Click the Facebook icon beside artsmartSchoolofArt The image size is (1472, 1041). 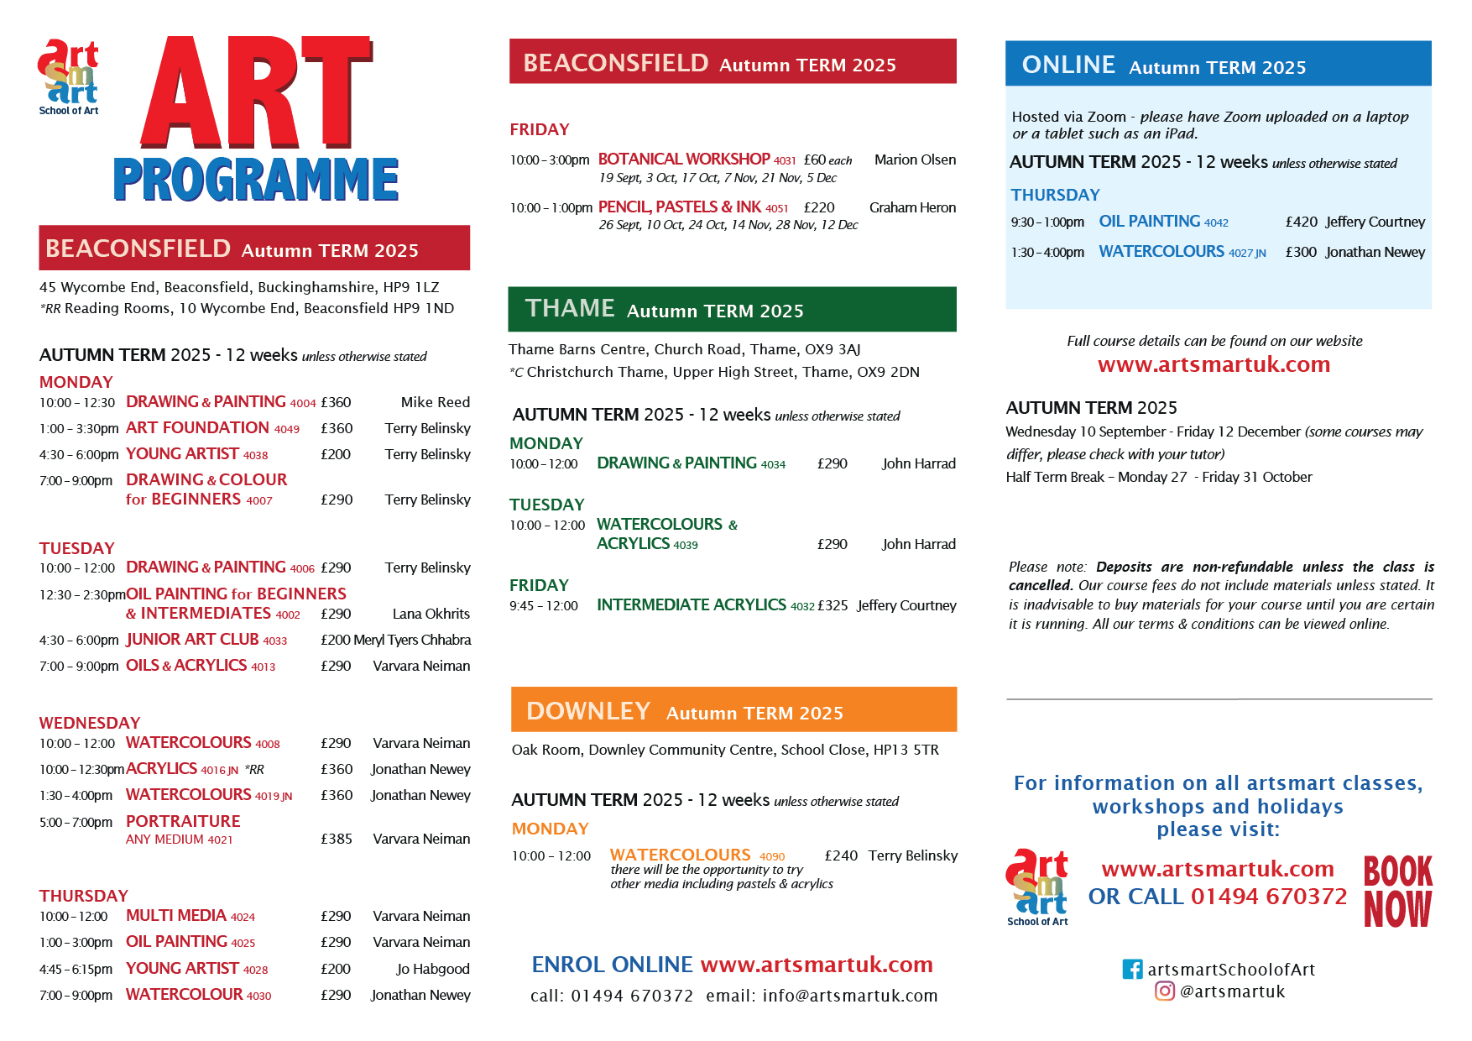click(1132, 969)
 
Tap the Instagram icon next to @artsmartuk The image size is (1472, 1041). click(1165, 991)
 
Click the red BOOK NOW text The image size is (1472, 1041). click(1397, 891)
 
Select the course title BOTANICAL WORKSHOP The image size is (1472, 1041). click(684, 159)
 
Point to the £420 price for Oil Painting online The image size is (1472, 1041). click(1301, 222)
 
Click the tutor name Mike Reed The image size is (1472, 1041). click(435, 402)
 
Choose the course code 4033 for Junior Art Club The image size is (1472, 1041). click(274, 641)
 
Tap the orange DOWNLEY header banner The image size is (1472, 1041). click(733, 710)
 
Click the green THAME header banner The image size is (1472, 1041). click(732, 309)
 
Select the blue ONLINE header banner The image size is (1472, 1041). click(1218, 64)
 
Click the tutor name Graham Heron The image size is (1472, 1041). click(912, 207)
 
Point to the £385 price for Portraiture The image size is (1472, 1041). click(336, 839)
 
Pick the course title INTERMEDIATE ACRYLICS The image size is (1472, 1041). click(692, 604)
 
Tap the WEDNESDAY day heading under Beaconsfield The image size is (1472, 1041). click(90, 723)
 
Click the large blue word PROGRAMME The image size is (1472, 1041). click(256, 179)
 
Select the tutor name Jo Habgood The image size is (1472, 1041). click(433, 969)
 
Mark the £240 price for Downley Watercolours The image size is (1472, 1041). click(841, 855)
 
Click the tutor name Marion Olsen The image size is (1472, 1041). click(915, 160)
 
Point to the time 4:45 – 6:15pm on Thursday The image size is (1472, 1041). click(76, 969)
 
